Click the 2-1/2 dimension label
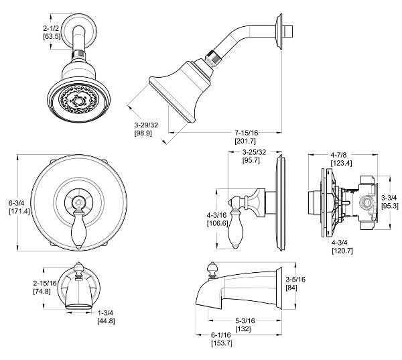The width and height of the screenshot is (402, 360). click(51, 28)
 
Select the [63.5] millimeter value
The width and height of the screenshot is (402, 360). click(52, 36)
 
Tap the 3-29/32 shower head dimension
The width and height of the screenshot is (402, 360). click(146, 125)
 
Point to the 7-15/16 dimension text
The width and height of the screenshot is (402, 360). click(247, 133)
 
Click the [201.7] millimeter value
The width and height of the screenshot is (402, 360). click(245, 141)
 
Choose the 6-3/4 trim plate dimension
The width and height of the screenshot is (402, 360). click(16, 203)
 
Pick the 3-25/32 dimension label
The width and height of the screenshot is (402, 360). click(255, 152)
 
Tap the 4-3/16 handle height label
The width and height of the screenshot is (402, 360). click(217, 215)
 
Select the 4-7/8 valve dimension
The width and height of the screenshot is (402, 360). click(338, 155)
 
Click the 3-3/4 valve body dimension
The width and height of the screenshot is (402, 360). click(389, 198)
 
